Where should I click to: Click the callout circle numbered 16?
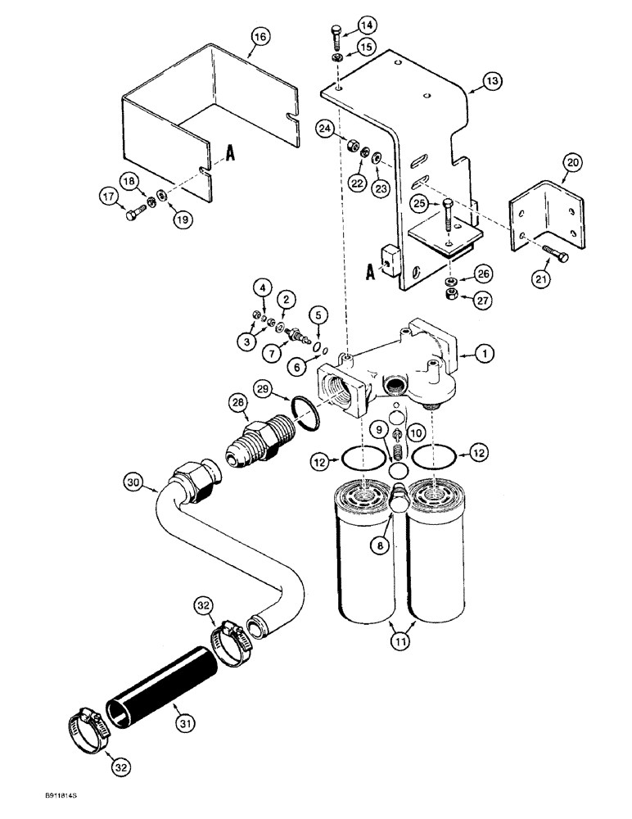(x=260, y=38)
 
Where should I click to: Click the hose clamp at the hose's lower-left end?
(x=86, y=725)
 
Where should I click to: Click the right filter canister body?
(x=440, y=557)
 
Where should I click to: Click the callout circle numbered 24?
(x=325, y=129)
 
